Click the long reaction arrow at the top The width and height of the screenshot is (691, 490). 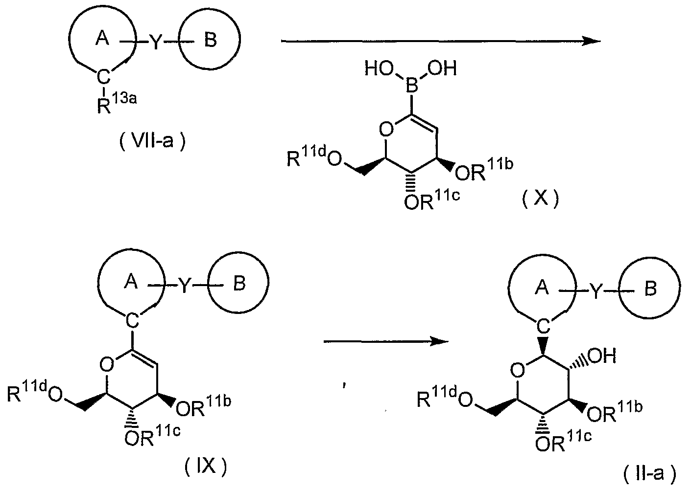[x=441, y=42]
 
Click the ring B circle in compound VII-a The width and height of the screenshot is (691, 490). [x=210, y=41]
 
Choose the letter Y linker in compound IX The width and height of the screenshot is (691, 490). [x=184, y=286]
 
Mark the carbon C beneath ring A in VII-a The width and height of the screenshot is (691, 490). [x=102, y=76]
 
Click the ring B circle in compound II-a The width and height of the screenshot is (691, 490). [x=649, y=290]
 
